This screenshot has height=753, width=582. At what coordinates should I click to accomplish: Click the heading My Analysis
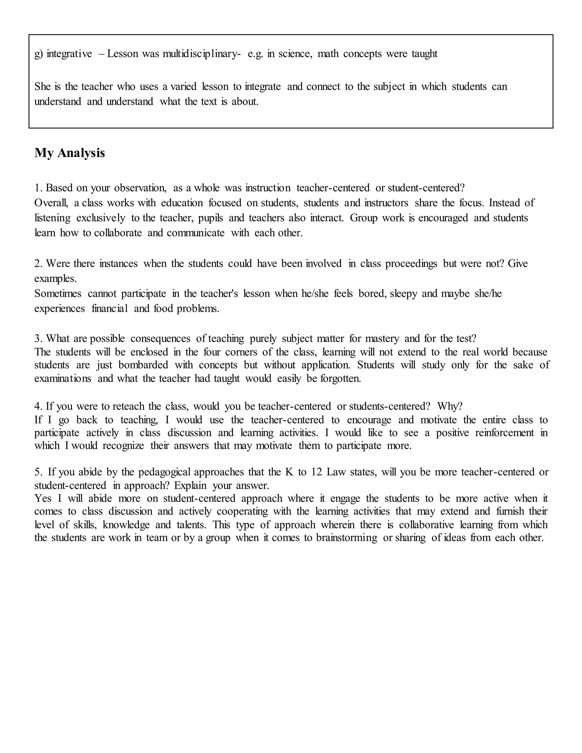pos(70,153)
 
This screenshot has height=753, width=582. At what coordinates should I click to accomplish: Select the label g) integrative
pos(63,54)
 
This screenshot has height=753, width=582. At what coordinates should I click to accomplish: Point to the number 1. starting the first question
pos(38,188)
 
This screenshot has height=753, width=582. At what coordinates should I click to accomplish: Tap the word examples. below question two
pos(55,278)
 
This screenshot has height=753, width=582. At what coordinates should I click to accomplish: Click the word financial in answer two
pos(110,309)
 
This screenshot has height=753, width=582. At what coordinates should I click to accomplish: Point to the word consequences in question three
pos(160,339)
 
